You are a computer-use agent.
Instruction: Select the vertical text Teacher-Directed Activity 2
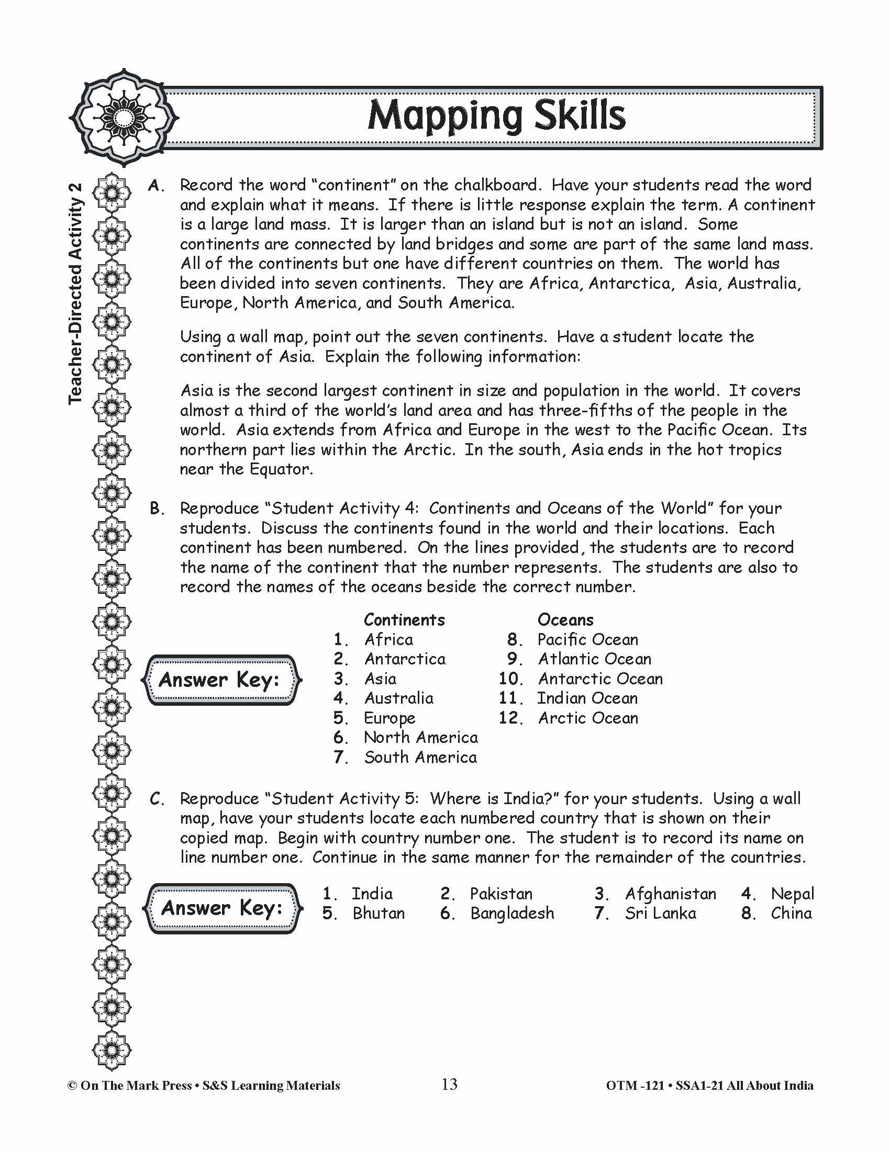point(76,293)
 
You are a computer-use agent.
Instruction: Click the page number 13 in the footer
point(449,1084)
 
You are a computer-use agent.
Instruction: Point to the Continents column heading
point(404,619)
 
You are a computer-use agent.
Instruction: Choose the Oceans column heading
point(565,619)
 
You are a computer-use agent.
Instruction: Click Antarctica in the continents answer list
point(404,659)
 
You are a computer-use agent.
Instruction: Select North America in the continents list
point(420,737)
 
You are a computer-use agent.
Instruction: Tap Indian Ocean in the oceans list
point(587,698)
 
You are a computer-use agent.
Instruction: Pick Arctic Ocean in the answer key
point(588,718)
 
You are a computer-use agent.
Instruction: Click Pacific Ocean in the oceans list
point(587,639)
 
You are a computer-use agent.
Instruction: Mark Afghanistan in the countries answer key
point(670,893)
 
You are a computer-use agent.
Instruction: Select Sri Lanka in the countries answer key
point(660,913)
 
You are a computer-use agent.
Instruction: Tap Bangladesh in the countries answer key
point(512,913)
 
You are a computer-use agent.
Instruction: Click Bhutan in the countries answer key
point(379,913)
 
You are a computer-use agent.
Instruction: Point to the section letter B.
point(157,508)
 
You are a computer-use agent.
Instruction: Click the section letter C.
point(157,799)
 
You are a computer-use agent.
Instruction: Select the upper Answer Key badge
point(220,680)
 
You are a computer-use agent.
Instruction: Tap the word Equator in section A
point(280,469)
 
